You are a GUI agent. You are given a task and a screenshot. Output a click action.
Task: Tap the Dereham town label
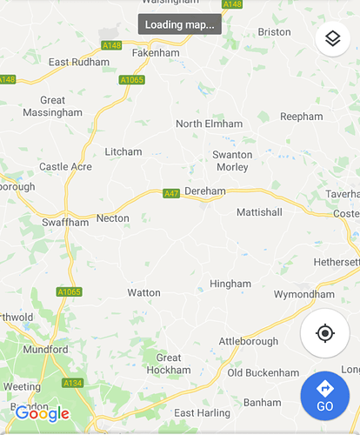point(205,191)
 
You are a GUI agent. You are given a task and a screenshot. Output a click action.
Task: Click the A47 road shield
point(171,193)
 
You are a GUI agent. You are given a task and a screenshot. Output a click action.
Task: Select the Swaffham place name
point(65,223)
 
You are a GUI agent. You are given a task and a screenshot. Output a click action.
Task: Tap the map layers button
point(331,39)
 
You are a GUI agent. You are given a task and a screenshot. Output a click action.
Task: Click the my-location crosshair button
point(325,333)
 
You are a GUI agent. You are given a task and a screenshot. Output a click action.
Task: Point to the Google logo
point(42,414)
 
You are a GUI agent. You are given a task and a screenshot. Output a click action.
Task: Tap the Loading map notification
point(180,24)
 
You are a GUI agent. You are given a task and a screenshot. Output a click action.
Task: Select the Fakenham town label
point(156,53)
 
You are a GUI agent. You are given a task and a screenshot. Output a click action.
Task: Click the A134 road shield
point(72,383)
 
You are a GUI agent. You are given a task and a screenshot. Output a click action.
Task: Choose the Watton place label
point(143,293)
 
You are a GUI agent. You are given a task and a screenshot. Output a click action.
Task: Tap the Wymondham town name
point(303,294)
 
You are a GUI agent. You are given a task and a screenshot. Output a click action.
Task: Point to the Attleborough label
point(248,342)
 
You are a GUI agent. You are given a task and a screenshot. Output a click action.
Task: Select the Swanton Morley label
point(232,161)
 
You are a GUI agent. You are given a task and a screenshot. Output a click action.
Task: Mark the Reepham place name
point(301,116)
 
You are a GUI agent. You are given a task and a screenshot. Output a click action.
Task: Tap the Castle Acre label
point(65,166)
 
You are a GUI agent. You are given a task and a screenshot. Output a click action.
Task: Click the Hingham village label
point(230,284)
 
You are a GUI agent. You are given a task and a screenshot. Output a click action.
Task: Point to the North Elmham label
point(209,124)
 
